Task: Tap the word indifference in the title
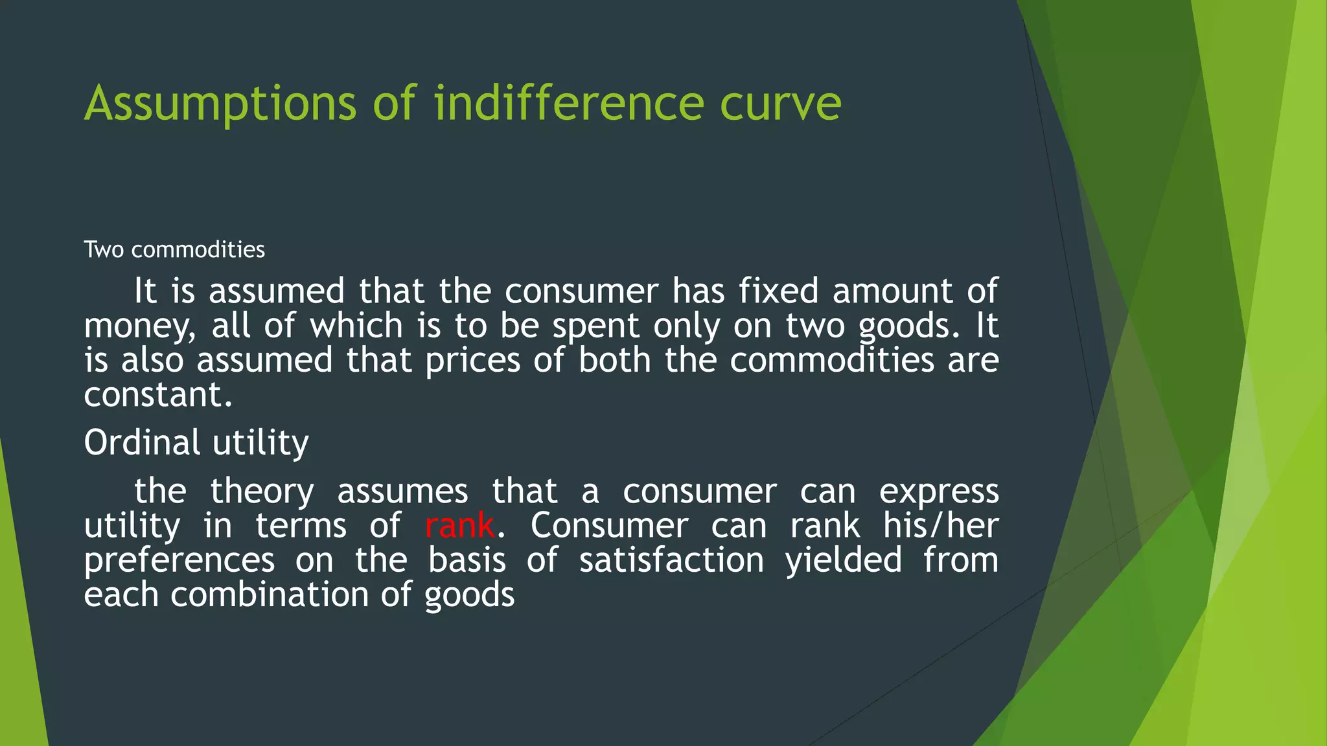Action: click(569, 104)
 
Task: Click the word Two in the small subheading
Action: click(104, 249)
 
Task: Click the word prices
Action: click(472, 360)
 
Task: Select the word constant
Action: click(157, 394)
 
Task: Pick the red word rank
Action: click(459, 525)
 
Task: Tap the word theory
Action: click(262, 492)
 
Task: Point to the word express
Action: click(938, 492)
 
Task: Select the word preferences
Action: click(179, 560)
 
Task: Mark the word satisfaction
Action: click(671, 560)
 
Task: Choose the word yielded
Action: click(843, 560)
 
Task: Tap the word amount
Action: click(892, 291)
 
